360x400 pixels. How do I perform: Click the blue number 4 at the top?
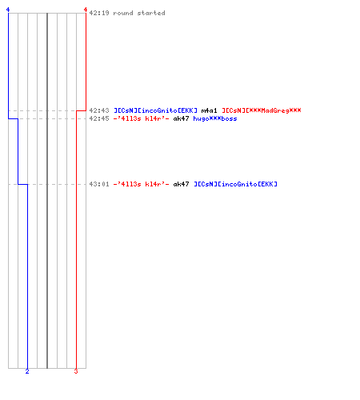(x=8, y=10)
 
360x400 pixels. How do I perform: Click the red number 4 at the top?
(x=86, y=10)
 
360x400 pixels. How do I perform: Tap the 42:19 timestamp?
(x=99, y=13)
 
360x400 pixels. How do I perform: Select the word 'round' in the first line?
(x=123, y=13)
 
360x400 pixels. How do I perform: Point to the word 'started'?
(x=151, y=13)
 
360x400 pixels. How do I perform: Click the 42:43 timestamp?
(x=99, y=110)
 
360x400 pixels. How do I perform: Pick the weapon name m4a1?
(x=209, y=110)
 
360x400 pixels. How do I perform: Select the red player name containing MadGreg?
(x=262, y=110)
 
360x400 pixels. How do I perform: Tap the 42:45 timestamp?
(x=99, y=118)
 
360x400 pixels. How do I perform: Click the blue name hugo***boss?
(x=215, y=118)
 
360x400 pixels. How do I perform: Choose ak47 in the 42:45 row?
(x=181, y=118)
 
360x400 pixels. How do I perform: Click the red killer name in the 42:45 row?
(x=141, y=118)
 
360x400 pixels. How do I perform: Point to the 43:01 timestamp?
(x=99, y=184)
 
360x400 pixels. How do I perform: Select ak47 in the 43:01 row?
(x=181, y=184)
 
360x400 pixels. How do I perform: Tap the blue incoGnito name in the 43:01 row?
(x=235, y=184)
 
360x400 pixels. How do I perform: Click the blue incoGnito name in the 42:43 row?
(x=155, y=110)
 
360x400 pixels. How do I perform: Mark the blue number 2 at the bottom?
(x=27, y=371)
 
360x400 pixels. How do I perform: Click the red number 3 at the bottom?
(x=76, y=371)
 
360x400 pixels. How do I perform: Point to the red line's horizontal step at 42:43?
(x=81, y=110)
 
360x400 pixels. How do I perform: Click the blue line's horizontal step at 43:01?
(x=22, y=184)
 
